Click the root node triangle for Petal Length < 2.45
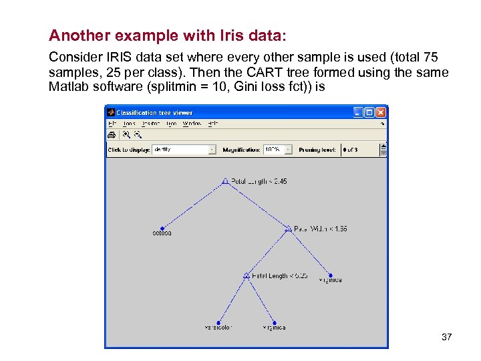coord(225,181)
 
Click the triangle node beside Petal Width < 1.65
coord(288,229)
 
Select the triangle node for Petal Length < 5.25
coord(247,275)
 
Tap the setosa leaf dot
coord(162,229)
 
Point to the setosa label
coord(162,233)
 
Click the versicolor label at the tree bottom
coord(218,328)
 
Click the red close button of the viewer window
coord(380,112)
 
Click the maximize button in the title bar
coord(369,112)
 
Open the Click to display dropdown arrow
coord(212,150)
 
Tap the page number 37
coord(447,337)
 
